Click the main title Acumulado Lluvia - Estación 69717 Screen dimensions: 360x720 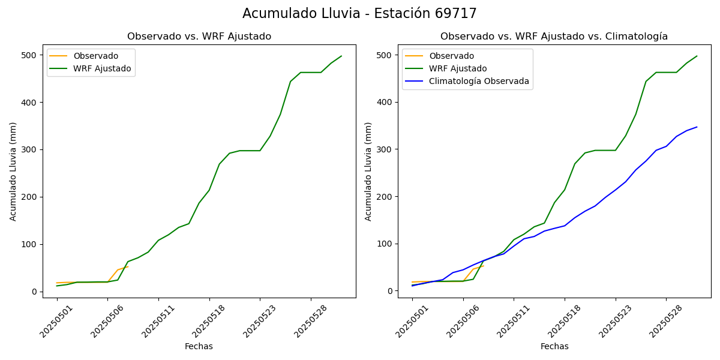click(359, 14)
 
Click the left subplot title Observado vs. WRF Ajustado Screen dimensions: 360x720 click(199, 37)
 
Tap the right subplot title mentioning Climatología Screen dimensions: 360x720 click(554, 37)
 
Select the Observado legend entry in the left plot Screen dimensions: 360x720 click(95, 56)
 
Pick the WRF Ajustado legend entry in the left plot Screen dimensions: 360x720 click(102, 68)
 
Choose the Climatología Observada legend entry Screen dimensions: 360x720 click(479, 82)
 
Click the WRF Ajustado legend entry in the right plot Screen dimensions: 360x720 click(458, 68)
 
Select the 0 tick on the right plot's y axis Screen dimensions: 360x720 click(390, 291)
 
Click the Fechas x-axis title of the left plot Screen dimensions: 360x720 click(199, 346)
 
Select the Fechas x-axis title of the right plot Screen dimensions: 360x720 click(554, 346)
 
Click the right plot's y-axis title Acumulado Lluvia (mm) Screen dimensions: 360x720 click(368, 171)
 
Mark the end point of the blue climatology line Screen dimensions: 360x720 click(697, 127)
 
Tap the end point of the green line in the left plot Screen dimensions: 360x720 click(341, 56)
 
